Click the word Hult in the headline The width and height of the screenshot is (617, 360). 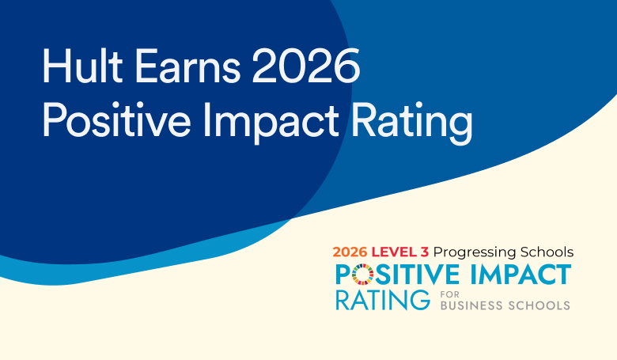pyautogui.click(x=82, y=66)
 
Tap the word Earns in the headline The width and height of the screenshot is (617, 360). pyautogui.click(x=187, y=66)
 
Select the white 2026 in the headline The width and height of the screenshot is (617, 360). pyautogui.click(x=306, y=66)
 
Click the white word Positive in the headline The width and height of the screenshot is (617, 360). pyautogui.click(x=116, y=119)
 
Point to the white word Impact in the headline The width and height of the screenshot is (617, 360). pyautogui.click(x=271, y=122)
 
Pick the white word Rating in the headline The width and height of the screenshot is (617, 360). pyautogui.click(x=411, y=122)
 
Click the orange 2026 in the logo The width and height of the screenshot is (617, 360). pyautogui.click(x=350, y=252)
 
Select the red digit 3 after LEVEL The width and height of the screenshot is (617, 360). pyautogui.click(x=425, y=252)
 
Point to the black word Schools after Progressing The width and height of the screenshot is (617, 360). pyautogui.click(x=547, y=252)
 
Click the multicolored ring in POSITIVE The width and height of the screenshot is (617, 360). pyautogui.click(x=362, y=275)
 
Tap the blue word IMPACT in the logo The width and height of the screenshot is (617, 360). pyautogui.click(x=520, y=275)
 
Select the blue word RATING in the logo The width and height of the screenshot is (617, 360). pyautogui.click(x=383, y=300)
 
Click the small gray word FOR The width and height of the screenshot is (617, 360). pyautogui.click(x=450, y=294)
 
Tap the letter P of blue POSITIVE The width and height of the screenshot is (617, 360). pyautogui.click(x=343, y=275)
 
